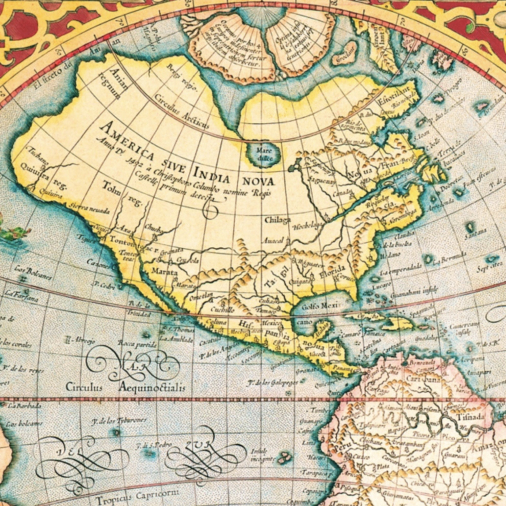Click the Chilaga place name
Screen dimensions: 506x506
coord(277,220)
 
